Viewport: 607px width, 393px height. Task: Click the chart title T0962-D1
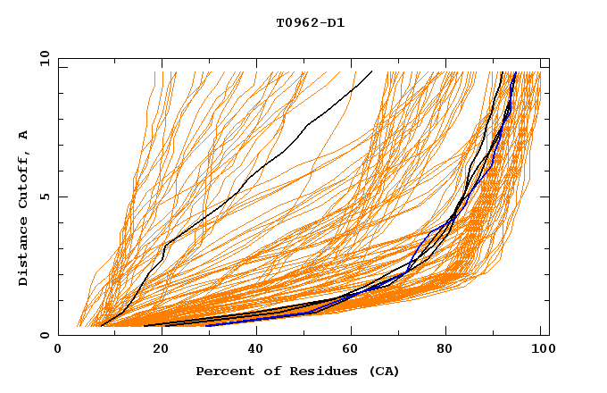tap(310, 23)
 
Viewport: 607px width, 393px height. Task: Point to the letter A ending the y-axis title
tap(23, 135)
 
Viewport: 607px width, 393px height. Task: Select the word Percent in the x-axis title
tap(220, 371)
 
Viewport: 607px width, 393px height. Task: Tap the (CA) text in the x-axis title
tap(384, 371)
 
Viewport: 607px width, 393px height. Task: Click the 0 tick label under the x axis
tap(59, 350)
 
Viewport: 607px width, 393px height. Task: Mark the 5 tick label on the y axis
tap(44, 196)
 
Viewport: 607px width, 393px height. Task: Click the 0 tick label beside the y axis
tap(44, 336)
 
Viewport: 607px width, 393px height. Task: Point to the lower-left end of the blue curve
tap(207, 325)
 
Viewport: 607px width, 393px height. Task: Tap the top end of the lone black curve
tap(371, 71)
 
